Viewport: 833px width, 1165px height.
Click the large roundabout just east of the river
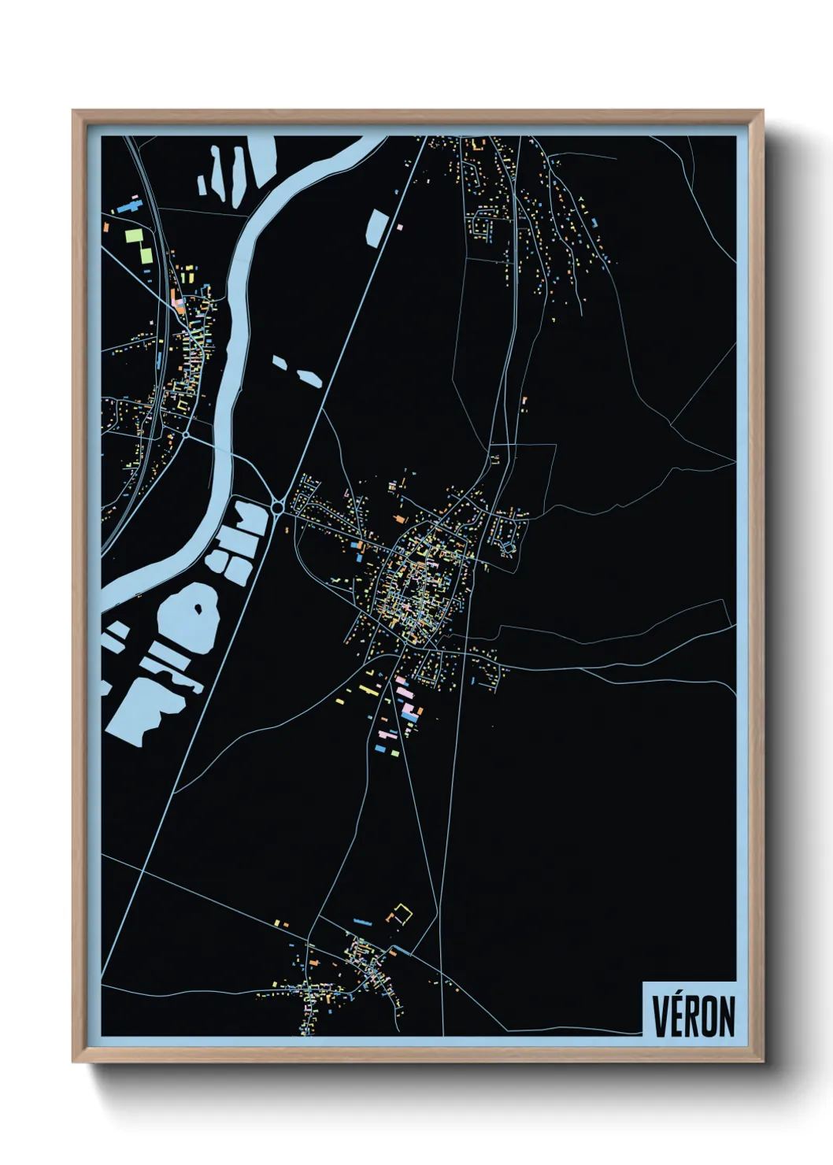277,509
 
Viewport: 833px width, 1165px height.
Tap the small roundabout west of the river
185,433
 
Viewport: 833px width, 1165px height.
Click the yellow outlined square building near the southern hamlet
402,914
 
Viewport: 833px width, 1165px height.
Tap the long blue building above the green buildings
128,207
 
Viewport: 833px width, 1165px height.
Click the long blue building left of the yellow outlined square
362,921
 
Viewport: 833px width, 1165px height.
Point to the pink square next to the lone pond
400,227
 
